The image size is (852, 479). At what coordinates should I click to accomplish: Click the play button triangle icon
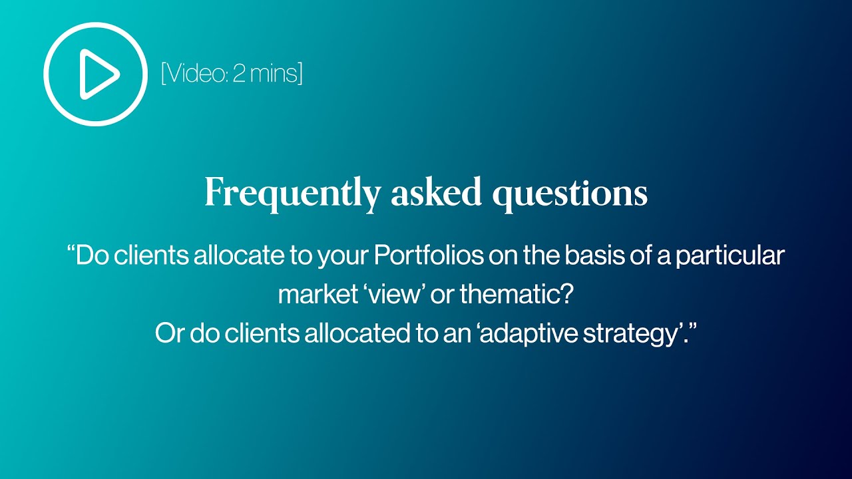98,74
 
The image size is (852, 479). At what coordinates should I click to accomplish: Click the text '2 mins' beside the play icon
266,73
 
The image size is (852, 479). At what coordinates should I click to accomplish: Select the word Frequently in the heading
292,194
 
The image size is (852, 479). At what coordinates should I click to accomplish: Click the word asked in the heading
436,192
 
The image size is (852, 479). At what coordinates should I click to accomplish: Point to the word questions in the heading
569,194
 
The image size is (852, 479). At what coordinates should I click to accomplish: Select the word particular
730,256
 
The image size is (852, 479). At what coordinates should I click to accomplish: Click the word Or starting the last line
169,333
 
